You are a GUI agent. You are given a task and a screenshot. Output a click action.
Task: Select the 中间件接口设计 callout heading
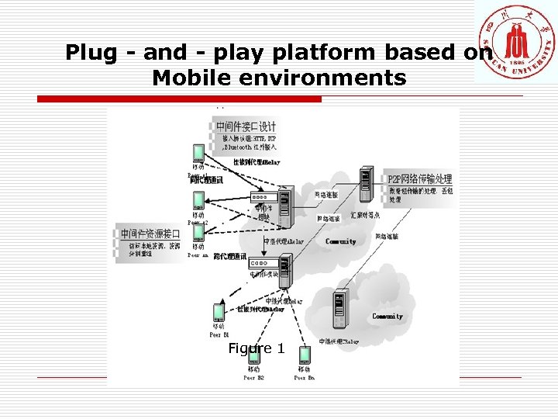(246, 126)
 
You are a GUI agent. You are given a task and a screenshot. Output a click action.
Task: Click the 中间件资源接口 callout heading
(150, 234)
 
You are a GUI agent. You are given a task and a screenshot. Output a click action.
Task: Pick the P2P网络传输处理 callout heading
(418, 178)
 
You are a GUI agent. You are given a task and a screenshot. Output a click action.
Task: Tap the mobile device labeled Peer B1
(219, 313)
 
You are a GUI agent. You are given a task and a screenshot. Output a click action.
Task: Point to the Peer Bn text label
(304, 378)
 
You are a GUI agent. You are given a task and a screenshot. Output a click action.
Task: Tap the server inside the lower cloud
(339, 309)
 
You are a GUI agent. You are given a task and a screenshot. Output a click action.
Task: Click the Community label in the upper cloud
(341, 241)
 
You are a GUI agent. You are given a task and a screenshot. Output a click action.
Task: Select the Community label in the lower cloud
(387, 317)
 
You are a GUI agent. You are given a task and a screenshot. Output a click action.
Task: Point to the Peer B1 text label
(219, 334)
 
